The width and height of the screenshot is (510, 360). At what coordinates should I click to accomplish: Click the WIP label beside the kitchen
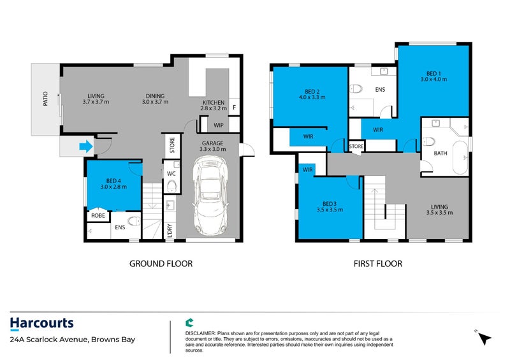pos(218,125)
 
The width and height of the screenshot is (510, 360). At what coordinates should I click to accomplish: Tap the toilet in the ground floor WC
pos(171,185)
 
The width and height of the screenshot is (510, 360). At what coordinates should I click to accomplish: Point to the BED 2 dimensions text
pos(312,97)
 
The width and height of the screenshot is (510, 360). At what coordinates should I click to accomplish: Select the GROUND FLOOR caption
pos(161,263)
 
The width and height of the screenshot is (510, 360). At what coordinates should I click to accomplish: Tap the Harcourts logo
pos(42,324)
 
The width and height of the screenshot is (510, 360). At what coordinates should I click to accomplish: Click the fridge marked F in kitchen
pos(234,108)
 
